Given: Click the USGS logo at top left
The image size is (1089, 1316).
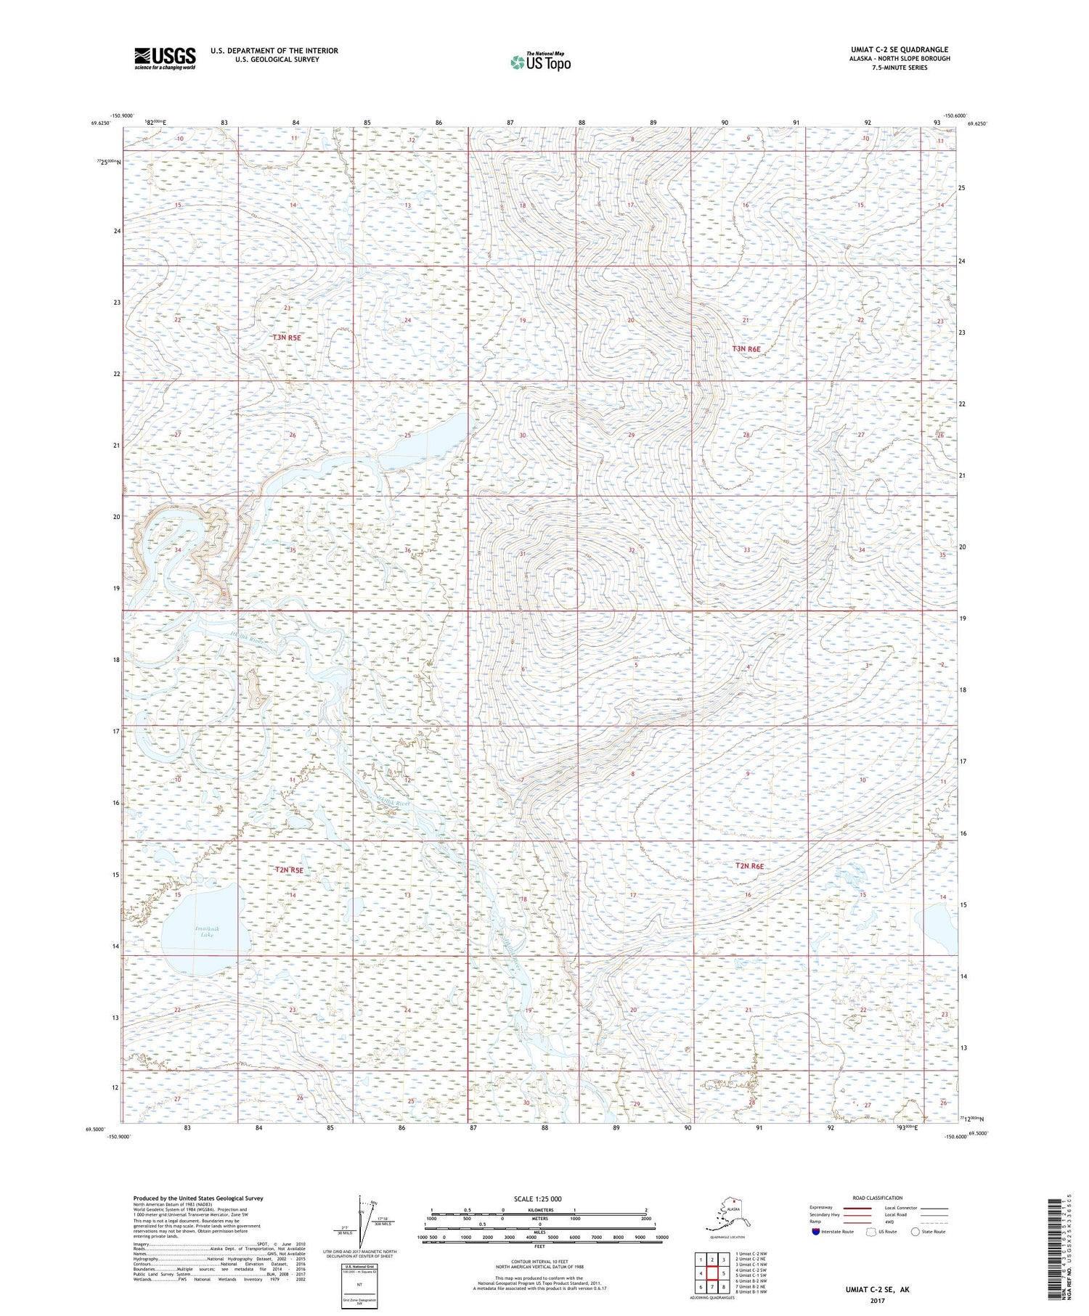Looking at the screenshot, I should coord(165,58).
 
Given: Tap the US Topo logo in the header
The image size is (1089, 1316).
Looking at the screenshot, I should coord(541,62).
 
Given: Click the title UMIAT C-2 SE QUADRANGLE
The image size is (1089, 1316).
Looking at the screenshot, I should coord(900,50).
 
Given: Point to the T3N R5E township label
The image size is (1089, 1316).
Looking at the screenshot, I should coord(287,338).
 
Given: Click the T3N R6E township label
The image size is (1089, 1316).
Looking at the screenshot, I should coord(746,349).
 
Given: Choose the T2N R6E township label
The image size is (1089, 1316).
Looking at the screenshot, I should coord(749,866).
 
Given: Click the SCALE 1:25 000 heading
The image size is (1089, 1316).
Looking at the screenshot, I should coord(537,1198).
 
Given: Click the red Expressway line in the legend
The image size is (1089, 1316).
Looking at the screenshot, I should coord(860,1208).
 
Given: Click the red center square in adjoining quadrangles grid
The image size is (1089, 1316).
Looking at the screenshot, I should coord(712,1273).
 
